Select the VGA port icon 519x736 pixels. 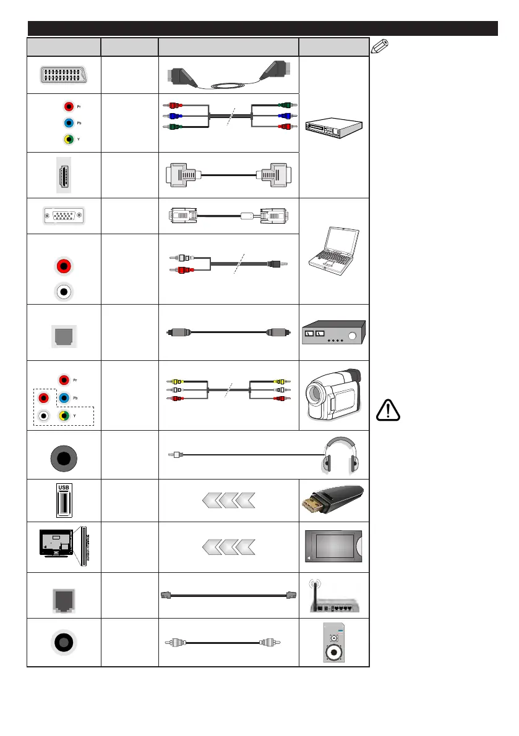(x=63, y=216)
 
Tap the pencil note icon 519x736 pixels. (x=382, y=46)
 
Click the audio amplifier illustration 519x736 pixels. (x=334, y=332)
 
